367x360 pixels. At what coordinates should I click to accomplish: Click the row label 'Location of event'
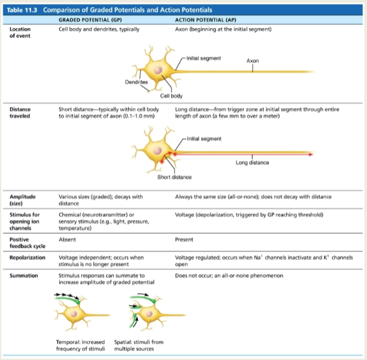pyautogui.click(x=20, y=33)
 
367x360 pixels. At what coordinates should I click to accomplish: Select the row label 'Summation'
pyautogui.click(x=23, y=275)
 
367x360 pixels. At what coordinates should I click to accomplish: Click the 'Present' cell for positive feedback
pyautogui.click(x=185, y=240)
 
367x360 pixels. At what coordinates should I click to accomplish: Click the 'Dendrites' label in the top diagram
pyautogui.click(x=136, y=83)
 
